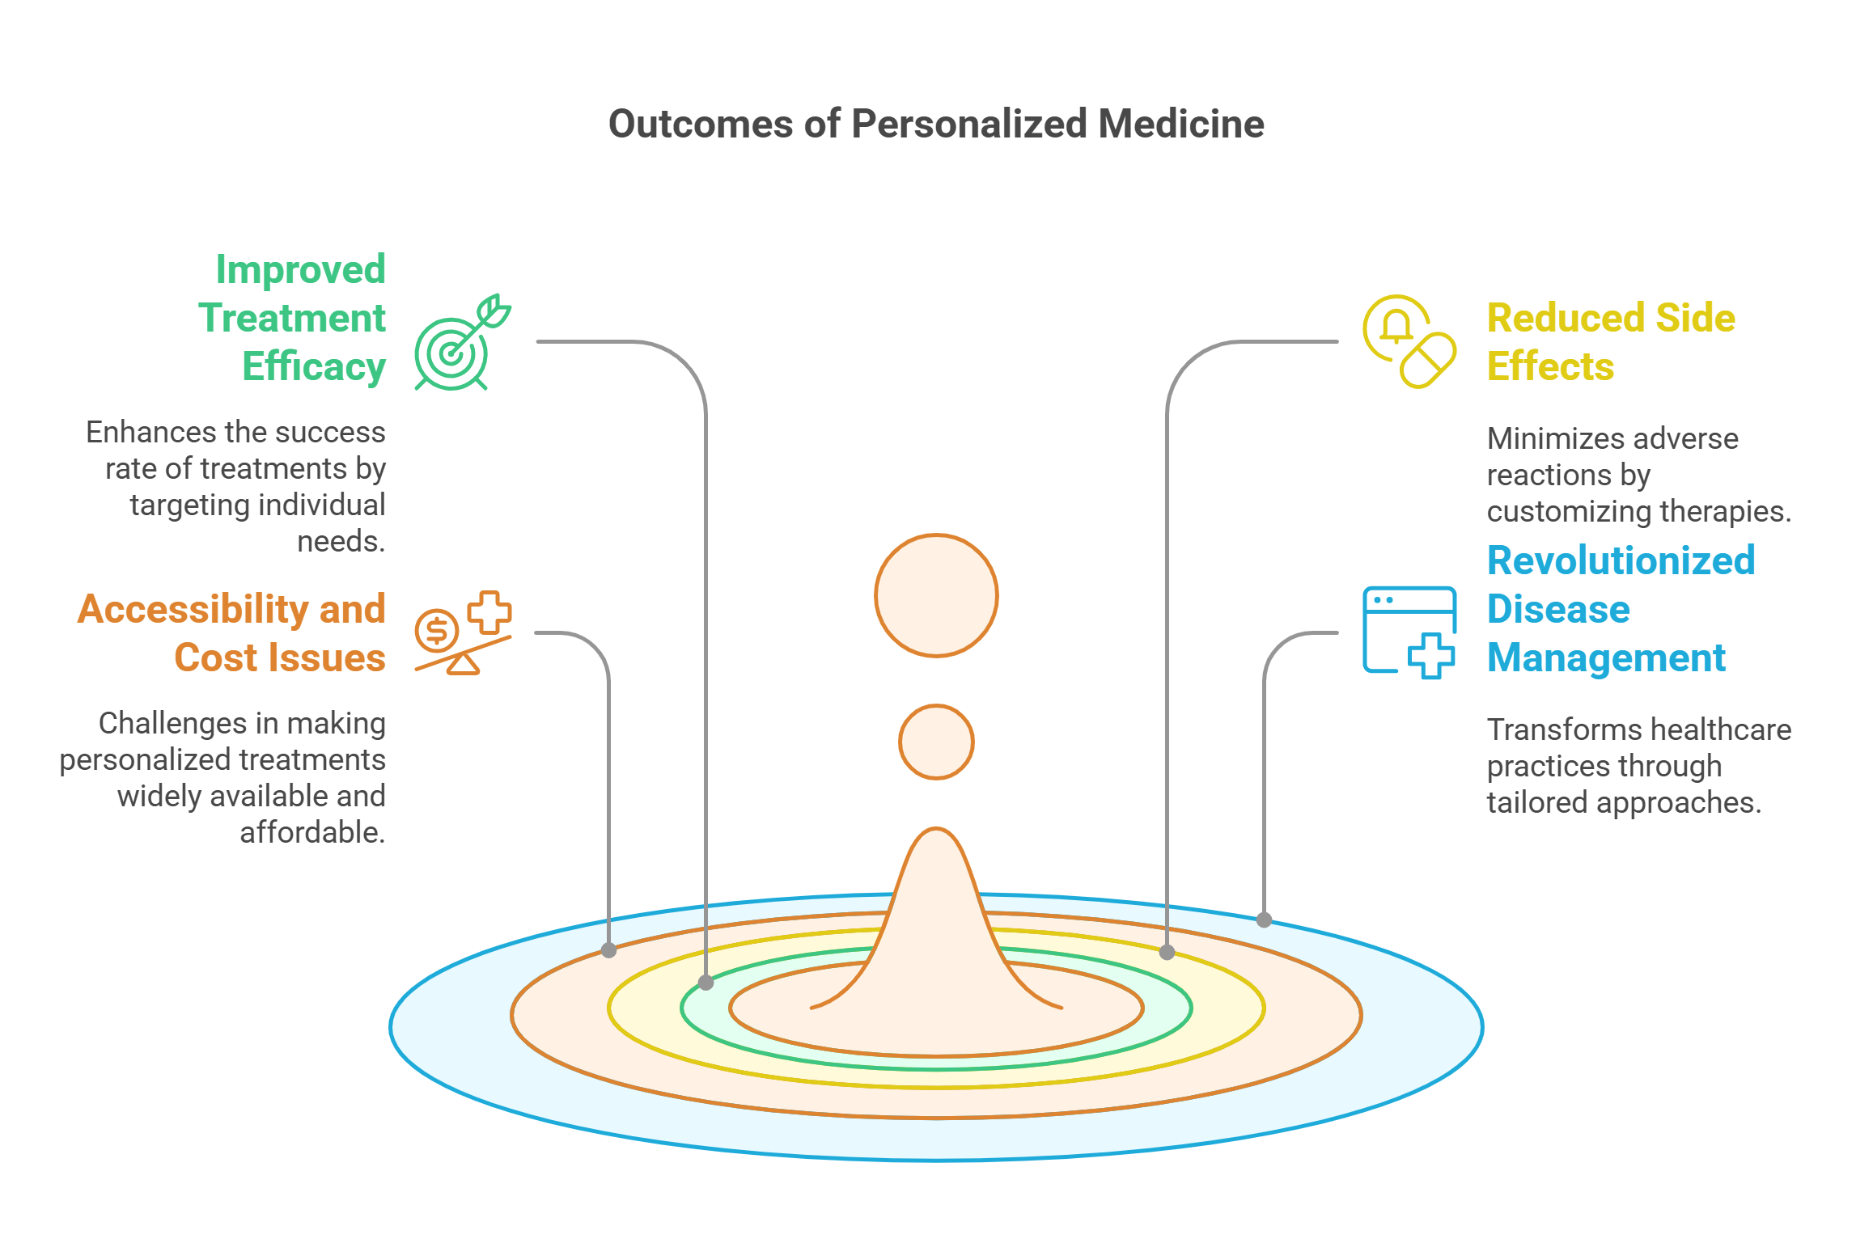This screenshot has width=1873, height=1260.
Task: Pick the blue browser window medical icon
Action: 1409,632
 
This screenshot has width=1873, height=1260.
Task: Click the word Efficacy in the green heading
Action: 314,367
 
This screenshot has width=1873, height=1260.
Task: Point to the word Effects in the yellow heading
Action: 1550,367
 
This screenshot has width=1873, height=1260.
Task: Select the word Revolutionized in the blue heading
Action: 1621,560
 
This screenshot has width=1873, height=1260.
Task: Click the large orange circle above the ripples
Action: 936,595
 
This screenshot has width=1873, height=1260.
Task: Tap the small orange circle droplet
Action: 936,742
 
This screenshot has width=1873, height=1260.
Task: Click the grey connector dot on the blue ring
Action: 1264,920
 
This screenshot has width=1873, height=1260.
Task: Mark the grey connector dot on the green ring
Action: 706,983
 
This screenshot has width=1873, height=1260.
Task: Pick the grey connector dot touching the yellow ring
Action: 1167,952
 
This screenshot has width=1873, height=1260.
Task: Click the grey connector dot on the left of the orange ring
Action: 608,950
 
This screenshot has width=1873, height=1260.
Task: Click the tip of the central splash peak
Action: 936,831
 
